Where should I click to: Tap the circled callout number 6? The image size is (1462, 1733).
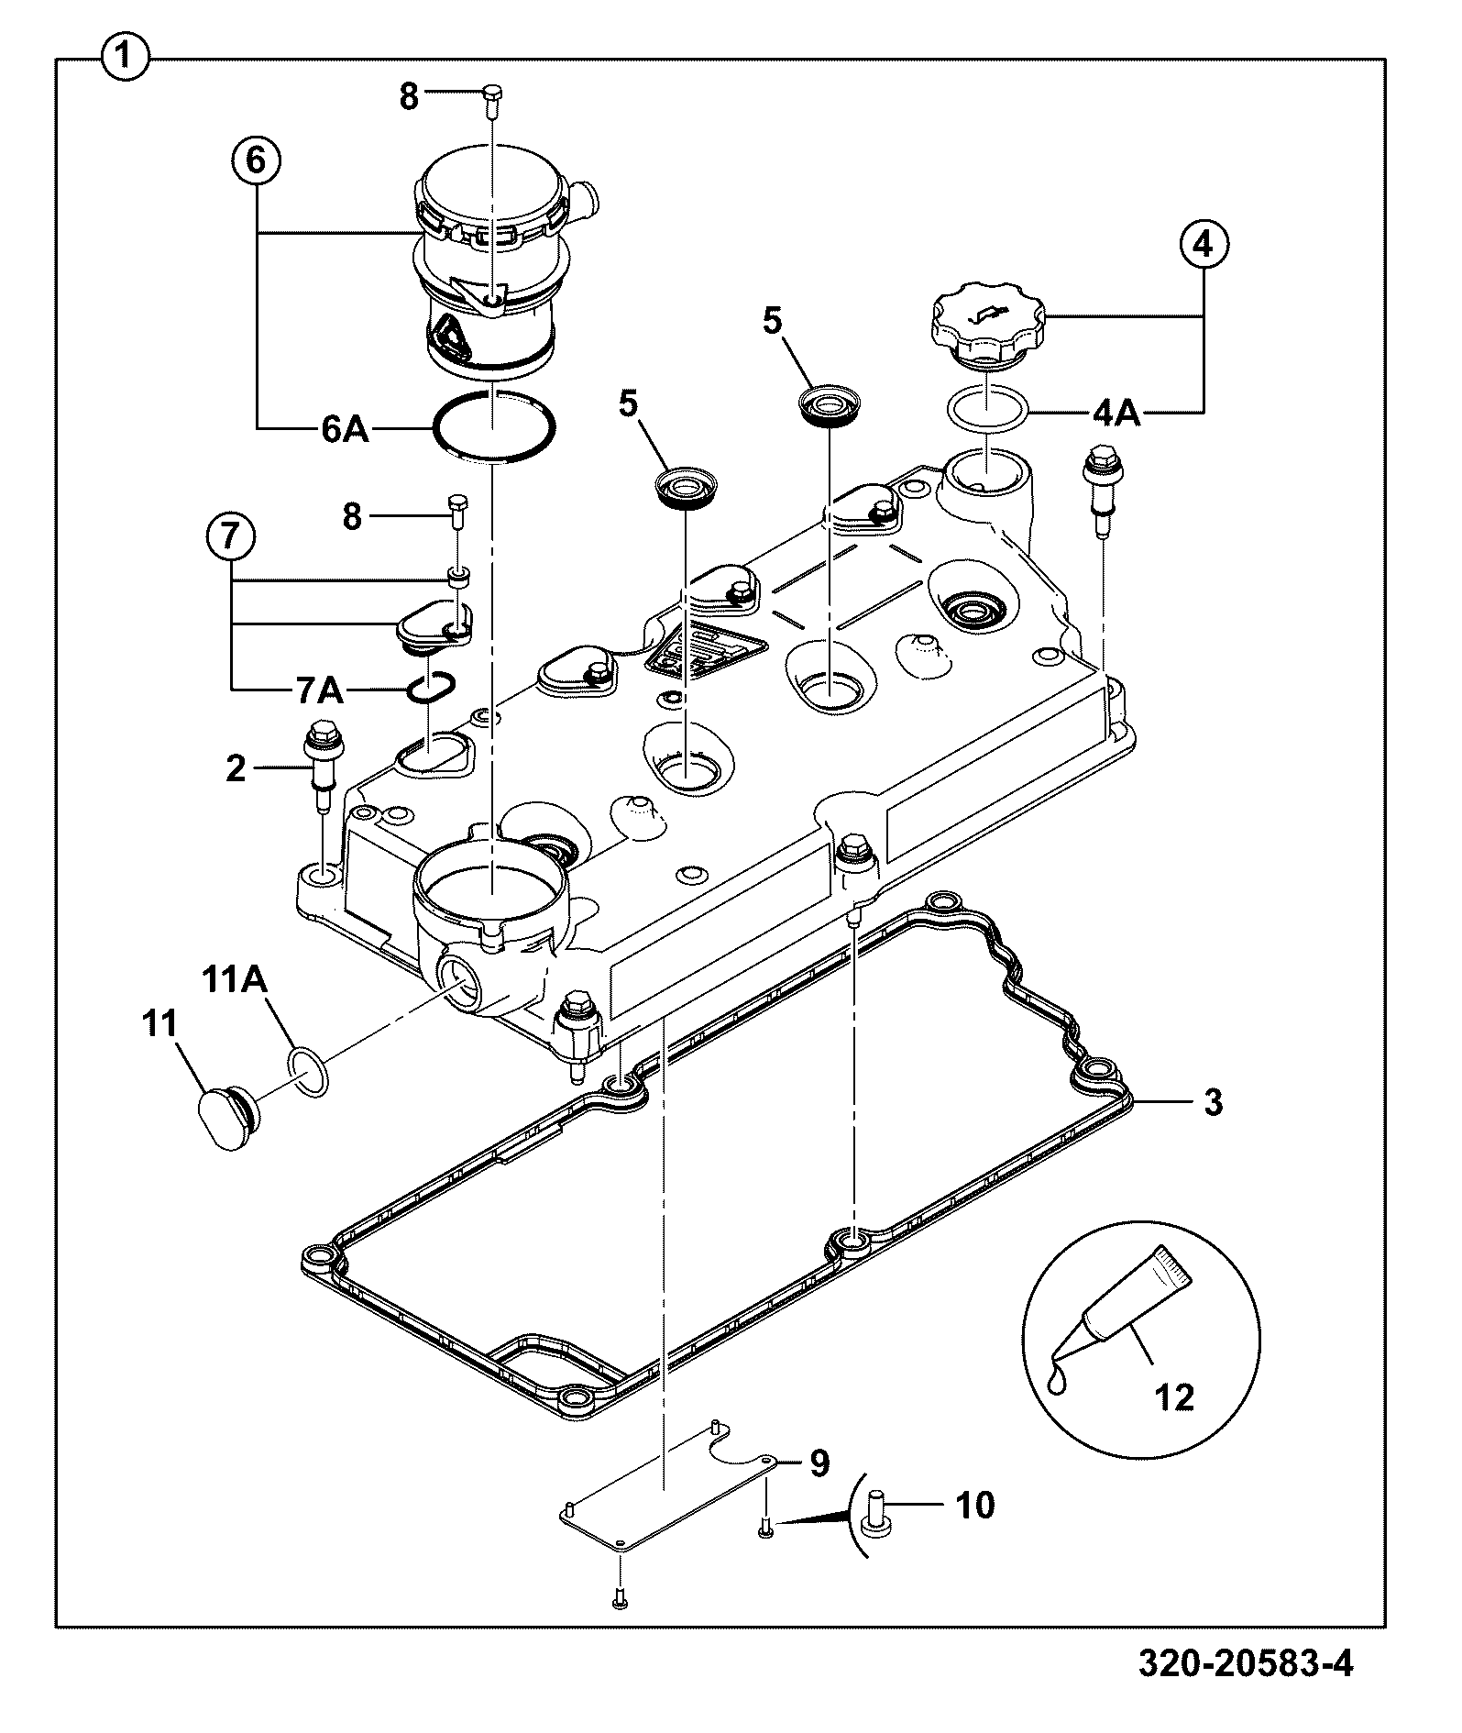pyautogui.click(x=255, y=160)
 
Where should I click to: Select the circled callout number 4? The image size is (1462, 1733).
pyautogui.click(x=1203, y=243)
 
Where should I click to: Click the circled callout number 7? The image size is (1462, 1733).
pyautogui.click(x=229, y=535)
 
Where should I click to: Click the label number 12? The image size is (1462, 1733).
pyautogui.click(x=1175, y=1397)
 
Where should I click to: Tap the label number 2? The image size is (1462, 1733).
pyautogui.click(x=236, y=768)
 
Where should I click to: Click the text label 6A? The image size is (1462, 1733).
pyautogui.click(x=345, y=429)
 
